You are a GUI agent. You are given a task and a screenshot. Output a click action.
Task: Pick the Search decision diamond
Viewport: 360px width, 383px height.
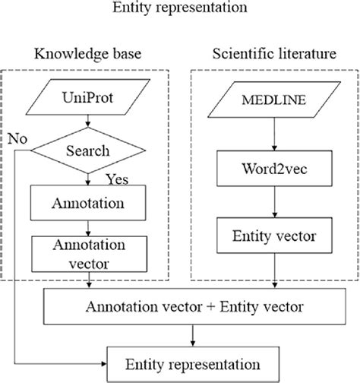tap(90, 151)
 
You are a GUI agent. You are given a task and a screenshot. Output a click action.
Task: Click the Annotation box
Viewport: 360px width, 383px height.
tap(90, 204)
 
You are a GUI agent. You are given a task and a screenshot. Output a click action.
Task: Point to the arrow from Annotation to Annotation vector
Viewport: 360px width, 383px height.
tap(90, 227)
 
